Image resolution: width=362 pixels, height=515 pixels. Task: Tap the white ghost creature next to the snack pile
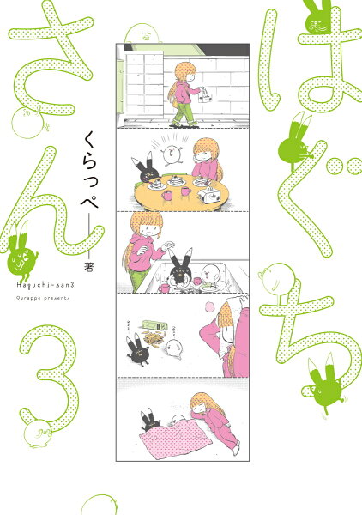(x=177, y=348)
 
